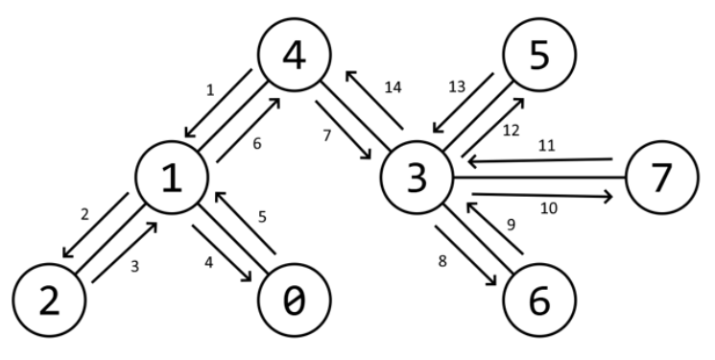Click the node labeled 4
point(294,55)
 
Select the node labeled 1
point(172,177)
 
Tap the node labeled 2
point(49,300)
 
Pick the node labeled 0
point(294,300)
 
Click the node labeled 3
point(417,177)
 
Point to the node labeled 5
point(539,55)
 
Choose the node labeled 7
point(662,177)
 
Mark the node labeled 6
point(539,300)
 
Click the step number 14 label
point(393,87)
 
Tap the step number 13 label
point(457,86)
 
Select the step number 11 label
point(547,146)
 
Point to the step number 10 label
point(549,208)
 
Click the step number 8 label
point(441,261)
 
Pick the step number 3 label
point(134,267)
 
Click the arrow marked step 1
point(219,103)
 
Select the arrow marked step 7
point(343,130)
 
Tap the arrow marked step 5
point(246,223)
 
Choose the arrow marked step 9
point(494,228)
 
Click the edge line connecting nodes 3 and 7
point(539,177)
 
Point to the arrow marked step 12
point(493,127)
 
